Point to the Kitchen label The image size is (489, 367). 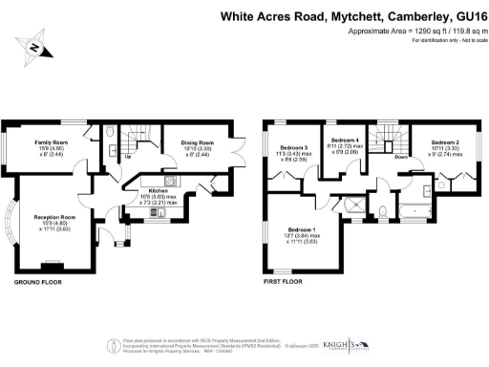click(157, 192)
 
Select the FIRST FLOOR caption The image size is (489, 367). click(283, 283)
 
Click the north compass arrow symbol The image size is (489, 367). click(34, 46)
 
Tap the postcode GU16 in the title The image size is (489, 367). click(459, 16)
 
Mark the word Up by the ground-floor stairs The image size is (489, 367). click(127, 156)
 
